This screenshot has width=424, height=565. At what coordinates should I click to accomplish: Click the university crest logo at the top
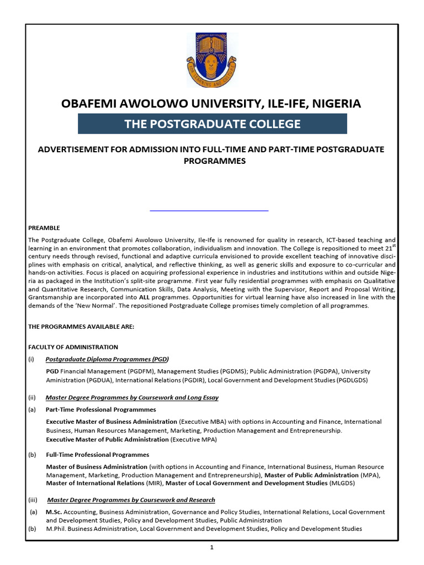click(x=212, y=59)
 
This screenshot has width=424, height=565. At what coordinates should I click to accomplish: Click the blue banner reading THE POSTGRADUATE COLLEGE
click(x=213, y=124)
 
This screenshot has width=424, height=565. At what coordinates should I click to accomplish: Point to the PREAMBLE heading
click(x=44, y=228)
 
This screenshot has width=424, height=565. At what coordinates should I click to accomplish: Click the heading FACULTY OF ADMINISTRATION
click(x=73, y=347)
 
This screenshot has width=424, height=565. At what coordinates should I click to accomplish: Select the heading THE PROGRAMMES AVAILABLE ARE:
click(x=81, y=327)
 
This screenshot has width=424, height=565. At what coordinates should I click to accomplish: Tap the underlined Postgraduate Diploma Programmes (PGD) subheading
click(x=107, y=359)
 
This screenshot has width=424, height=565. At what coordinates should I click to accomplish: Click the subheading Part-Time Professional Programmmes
click(x=100, y=409)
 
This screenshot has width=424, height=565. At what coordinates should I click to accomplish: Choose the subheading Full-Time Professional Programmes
click(x=97, y=455)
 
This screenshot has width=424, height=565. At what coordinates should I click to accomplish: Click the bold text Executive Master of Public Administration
click(x=107, y=439)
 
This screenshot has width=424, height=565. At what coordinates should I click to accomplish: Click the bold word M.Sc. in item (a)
click(x=53, y=512)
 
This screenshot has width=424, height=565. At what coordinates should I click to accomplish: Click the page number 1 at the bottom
click(x=212, y=547)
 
